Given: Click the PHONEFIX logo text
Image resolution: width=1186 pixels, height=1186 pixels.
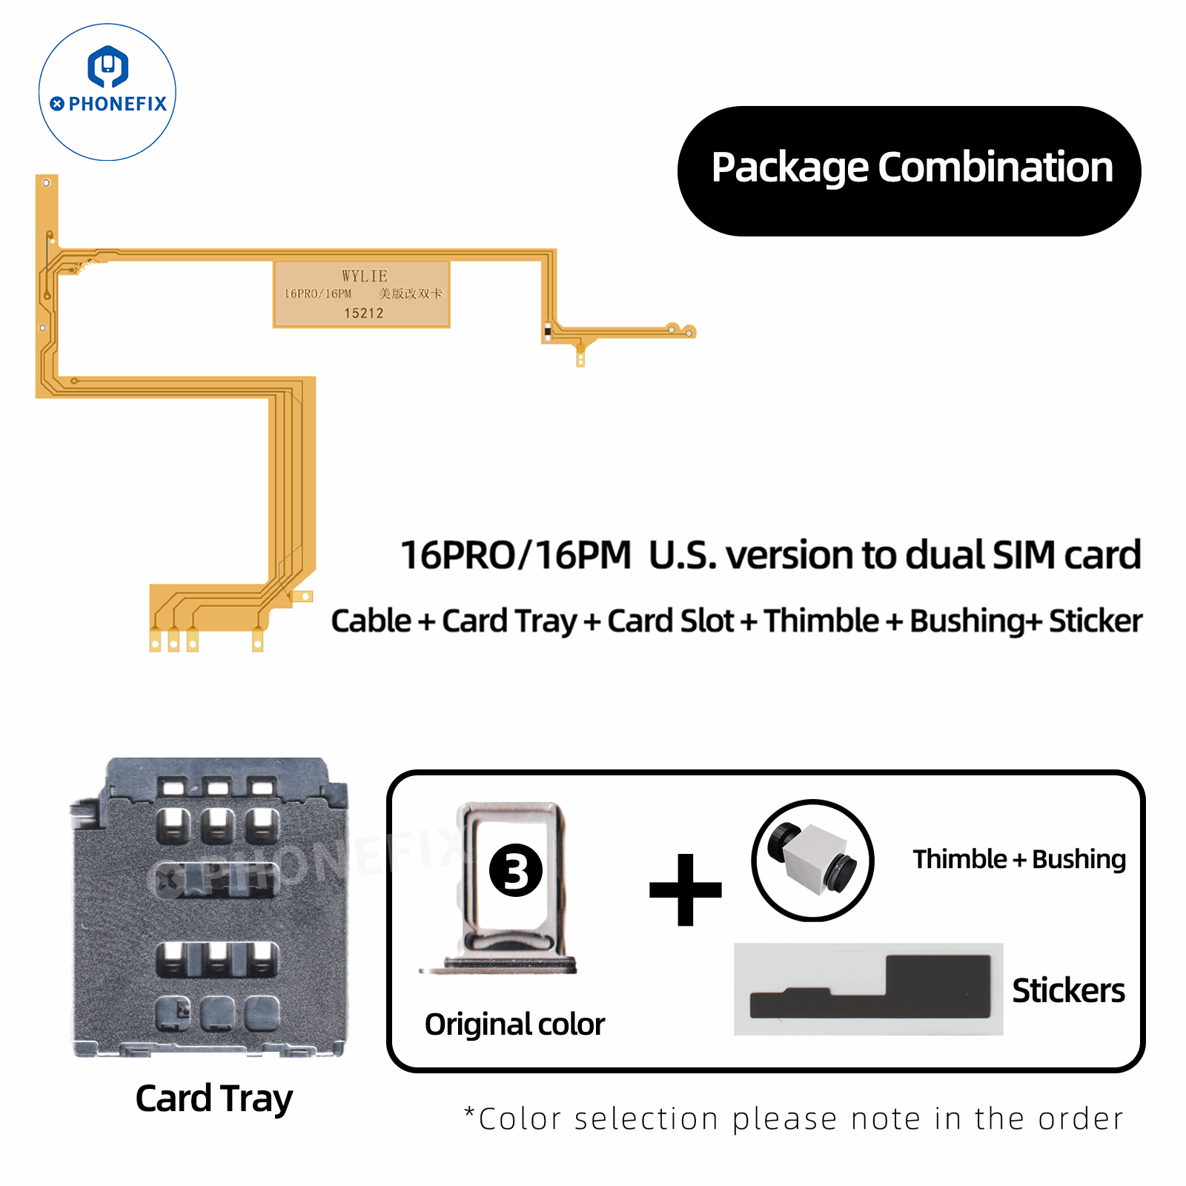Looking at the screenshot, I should coord(117,104).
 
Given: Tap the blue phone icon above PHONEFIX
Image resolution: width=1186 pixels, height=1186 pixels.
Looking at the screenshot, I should coord(108,66).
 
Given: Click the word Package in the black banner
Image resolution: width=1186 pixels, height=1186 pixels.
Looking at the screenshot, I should coord(789,168).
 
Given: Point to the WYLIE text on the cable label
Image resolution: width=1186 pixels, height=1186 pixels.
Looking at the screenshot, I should coord(364,276).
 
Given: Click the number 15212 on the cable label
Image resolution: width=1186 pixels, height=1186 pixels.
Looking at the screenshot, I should coord(363,314).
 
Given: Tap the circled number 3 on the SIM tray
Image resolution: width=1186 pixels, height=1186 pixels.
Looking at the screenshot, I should coord(516,870).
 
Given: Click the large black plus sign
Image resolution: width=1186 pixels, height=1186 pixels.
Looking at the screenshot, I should coord(685,889).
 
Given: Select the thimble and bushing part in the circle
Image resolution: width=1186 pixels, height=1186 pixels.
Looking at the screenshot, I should coord(813,860).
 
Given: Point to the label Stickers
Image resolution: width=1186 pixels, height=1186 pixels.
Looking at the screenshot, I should coord(1068,991).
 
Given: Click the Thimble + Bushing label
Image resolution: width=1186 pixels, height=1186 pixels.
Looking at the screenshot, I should coord(1019,859).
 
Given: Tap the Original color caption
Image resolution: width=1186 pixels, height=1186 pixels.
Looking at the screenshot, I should coord(514,1024).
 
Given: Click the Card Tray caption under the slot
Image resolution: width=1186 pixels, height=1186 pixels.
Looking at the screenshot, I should coord(213,1099).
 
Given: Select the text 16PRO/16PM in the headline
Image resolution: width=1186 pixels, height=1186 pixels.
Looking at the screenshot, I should coord(516,555).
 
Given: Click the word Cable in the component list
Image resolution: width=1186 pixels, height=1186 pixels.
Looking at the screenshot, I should coord(371,621).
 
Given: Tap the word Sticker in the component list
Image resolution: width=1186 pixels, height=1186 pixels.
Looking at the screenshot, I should coord(1096,621).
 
